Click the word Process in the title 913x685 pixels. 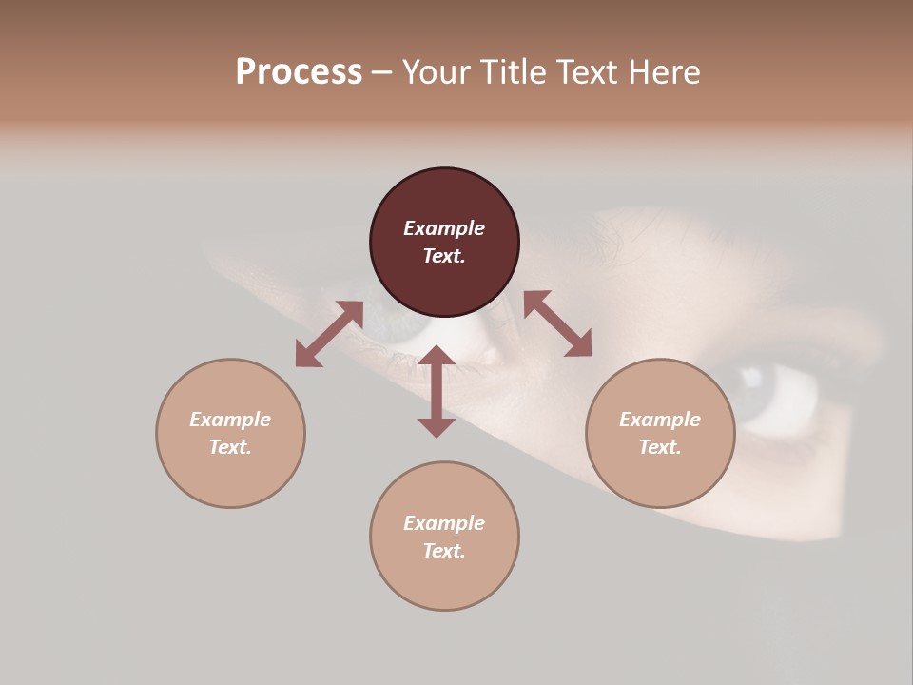pos(299,72)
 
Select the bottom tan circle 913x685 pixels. pos(444,580)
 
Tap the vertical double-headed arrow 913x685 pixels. pos(437,391)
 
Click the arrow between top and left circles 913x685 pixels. pos(329,333)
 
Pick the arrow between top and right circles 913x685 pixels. pos(557,323)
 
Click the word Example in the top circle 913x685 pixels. pos(444,228)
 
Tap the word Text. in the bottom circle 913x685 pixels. pos(444,551)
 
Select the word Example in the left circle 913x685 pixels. pos(230,420)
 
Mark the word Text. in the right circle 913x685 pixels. pos(660,447)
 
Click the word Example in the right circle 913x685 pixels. pos(660,420)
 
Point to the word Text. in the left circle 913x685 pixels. pos(230,447)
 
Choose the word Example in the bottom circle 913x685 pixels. pos(444,523)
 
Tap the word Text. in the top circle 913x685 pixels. pos(444,256)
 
